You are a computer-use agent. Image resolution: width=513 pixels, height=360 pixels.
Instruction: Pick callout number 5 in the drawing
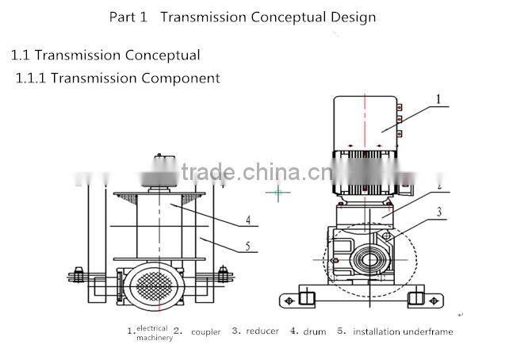[x=247, y=247]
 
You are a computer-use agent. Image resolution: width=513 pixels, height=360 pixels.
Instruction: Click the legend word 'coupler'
[x=205, y=331]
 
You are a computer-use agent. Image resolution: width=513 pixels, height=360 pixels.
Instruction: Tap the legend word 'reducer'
[x=262, y=331]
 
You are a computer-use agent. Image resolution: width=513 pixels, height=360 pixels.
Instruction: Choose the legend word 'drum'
[x=314, y=331]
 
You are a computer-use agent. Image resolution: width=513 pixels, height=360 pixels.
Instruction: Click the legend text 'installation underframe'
[x=403, y=331]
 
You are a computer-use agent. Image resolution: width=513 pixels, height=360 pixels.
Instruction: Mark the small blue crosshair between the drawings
[x=278, y=192]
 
